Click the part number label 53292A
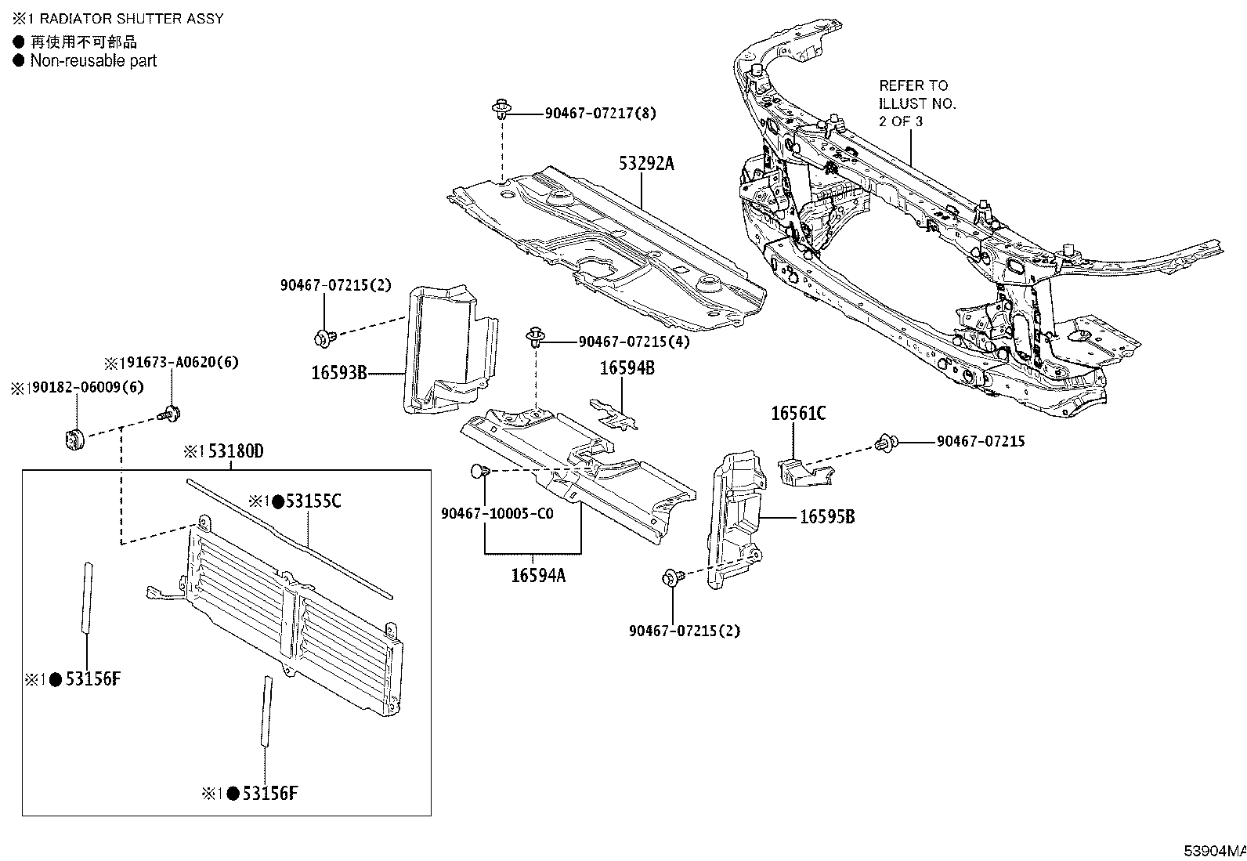click(645, 164)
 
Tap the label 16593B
click(339, 373)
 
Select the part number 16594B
click(627, 368)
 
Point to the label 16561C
click(798, 413)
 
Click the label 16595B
click(827, 517)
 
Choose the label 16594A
click(538, 575)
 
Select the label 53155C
click(313, 501)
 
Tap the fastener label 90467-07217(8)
click(600, 114)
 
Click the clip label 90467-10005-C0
click(497, 514)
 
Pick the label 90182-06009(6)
click(81, 388)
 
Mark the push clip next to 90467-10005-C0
click(480, 472)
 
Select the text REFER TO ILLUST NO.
click(916, 94)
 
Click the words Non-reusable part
click(93, 61)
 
